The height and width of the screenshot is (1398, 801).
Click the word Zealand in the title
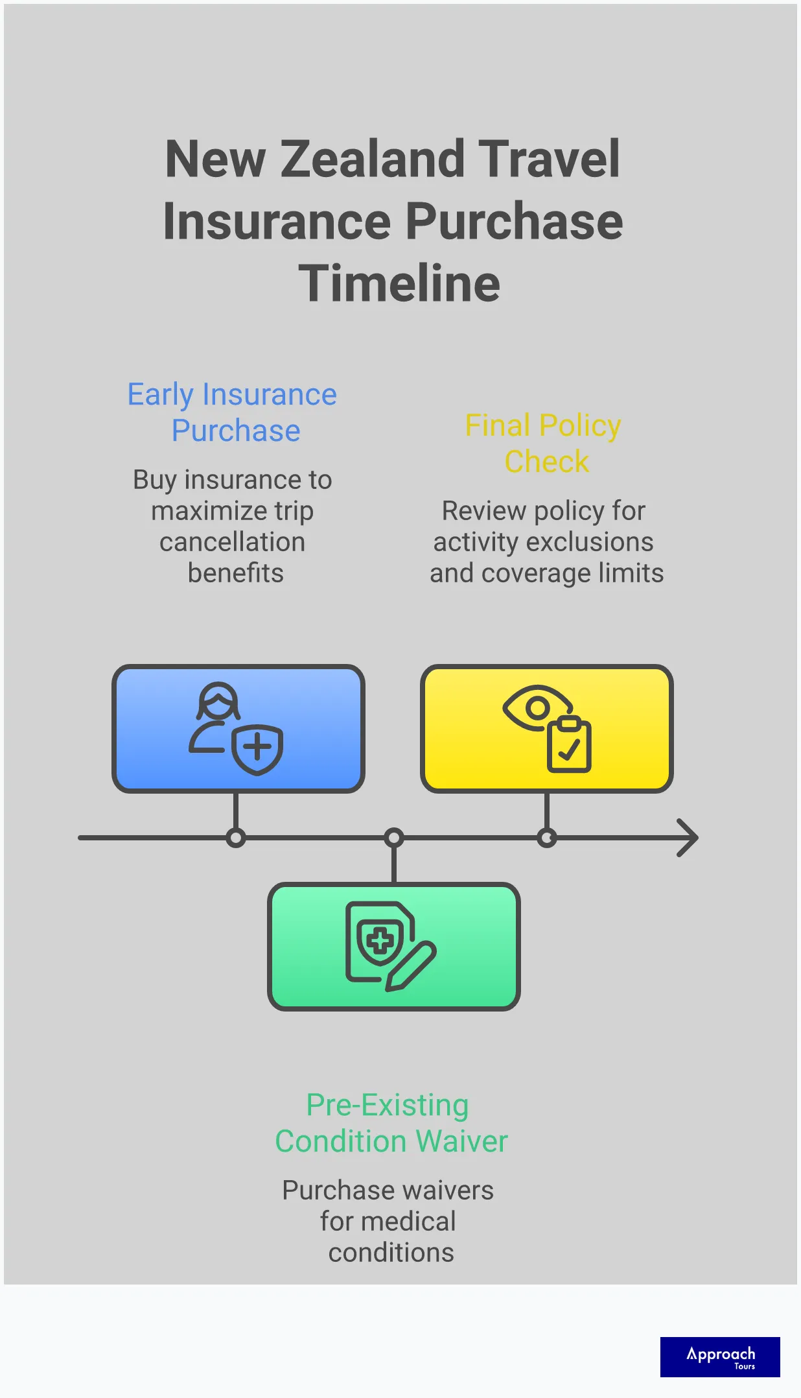tap(372, 159)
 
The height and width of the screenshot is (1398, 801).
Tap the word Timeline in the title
tap(399, 283)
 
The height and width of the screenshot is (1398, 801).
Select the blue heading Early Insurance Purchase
tap(233, 412)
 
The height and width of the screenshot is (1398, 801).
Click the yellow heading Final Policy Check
tap(544, 444)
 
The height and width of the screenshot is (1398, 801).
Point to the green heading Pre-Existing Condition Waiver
tap(391, 1122)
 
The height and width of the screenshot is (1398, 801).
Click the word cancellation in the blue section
tap(233, 542)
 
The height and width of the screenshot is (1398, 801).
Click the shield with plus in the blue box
tap(257, 749)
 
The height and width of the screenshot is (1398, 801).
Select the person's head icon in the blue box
tap(218, 700)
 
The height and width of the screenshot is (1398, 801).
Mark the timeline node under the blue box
tap(236, 838)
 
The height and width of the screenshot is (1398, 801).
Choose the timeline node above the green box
tap(394, 838)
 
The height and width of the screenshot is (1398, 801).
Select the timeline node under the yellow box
tap(547, 838)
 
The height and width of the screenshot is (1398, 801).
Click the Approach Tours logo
tap(720, 1357)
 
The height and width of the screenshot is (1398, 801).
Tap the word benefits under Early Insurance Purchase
tap(236, 573)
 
